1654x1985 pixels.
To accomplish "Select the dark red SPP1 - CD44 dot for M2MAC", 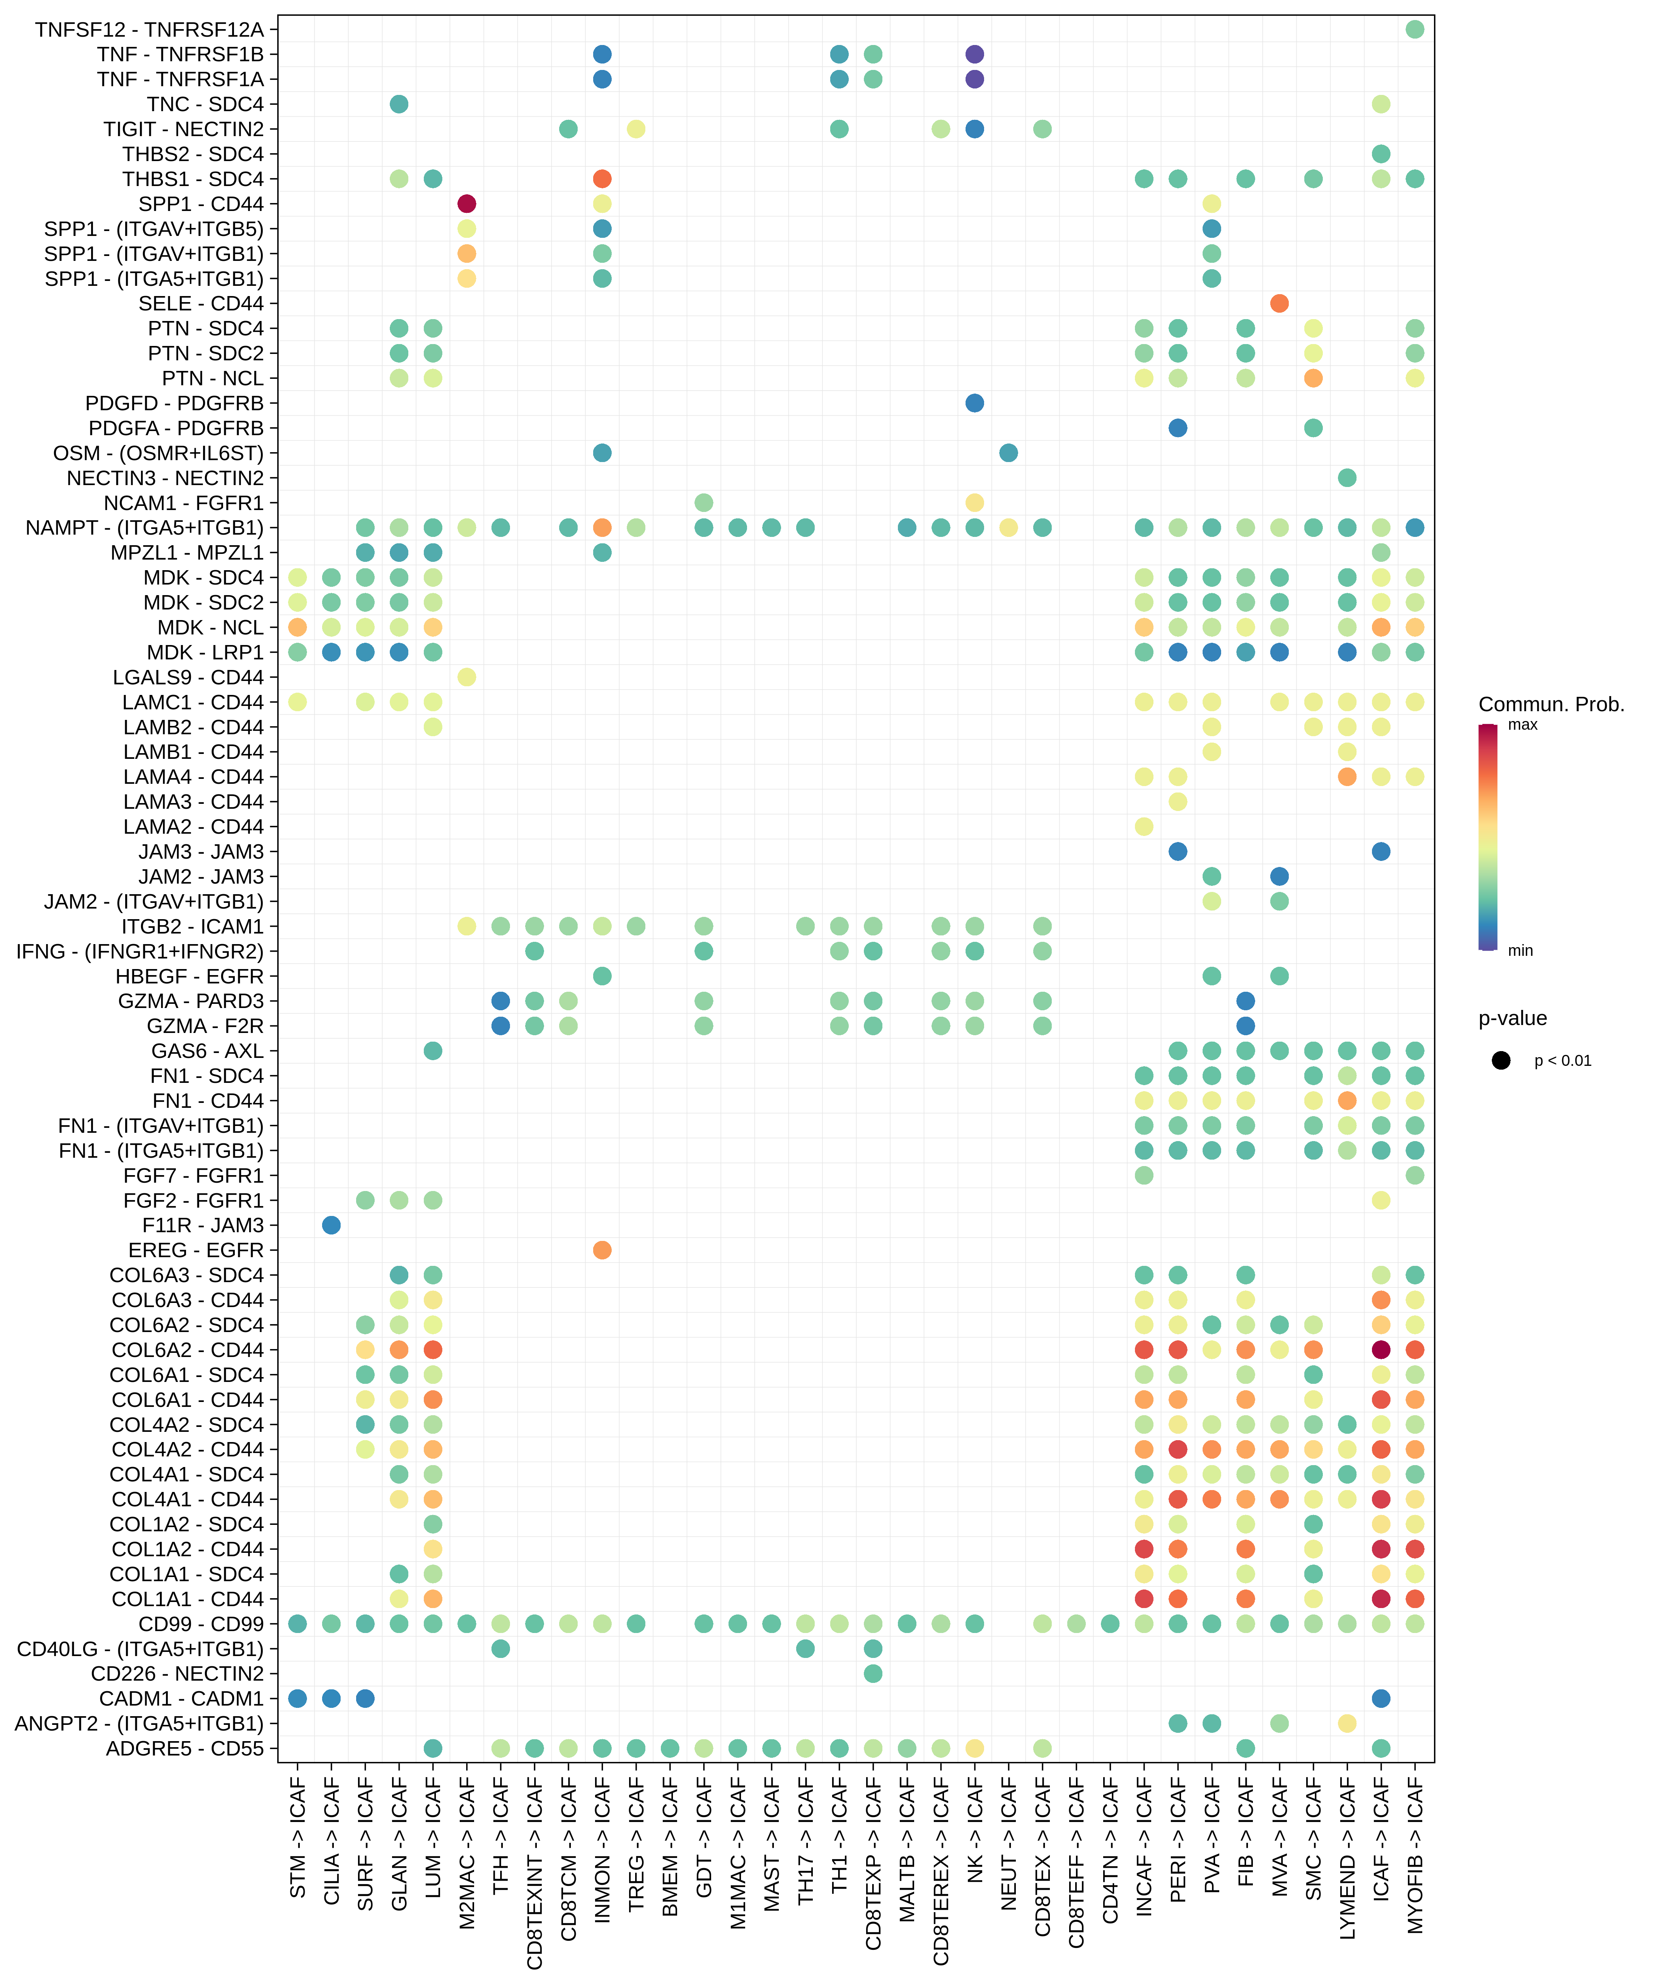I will click(466, 203).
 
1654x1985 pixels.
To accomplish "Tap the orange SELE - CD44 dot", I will click(1279, 303).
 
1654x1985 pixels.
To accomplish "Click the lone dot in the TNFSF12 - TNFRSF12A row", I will click(1414, 29).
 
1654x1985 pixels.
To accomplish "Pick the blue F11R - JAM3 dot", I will click(331, 1225).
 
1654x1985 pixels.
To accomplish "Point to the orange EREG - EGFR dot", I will click(602, 1250).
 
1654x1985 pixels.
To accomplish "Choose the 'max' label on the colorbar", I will click(1522, 725).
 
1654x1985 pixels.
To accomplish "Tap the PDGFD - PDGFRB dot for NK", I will click(975, 403).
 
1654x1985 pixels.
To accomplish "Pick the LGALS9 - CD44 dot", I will click(466, 677).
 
